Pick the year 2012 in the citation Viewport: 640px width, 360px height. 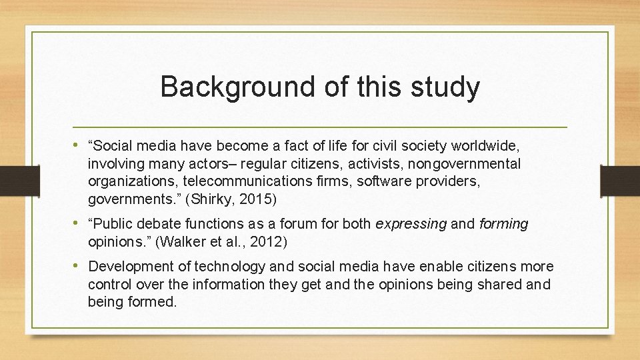point(274,241)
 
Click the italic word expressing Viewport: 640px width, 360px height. point(411,224)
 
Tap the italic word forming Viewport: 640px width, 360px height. point(503,224)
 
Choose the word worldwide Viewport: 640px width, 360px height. point(486,146)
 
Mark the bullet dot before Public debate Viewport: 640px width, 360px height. point(80,224)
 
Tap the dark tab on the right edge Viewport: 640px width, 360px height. point(620,181)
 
